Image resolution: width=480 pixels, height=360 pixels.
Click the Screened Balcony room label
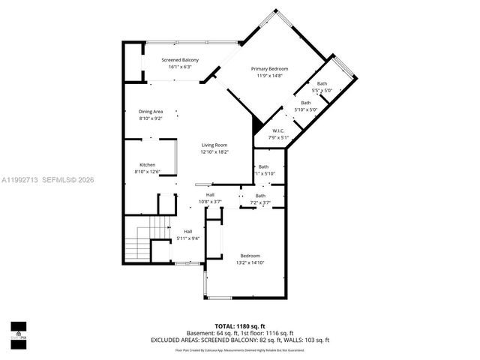coord(179,59)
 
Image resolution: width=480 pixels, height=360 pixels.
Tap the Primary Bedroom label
coord(268,68)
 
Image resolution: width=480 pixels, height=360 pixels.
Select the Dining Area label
coord(150,112)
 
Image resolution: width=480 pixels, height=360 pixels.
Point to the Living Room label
coord(214,145)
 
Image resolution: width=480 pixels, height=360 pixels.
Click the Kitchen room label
coord(147,165)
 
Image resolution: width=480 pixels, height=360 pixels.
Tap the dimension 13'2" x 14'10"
coord(250,262)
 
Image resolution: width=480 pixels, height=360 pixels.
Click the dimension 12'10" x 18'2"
coord(214,152)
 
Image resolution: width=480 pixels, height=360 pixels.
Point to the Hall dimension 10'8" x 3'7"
coord(210,202)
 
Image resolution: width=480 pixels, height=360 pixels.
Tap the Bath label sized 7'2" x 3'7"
coord(259,196)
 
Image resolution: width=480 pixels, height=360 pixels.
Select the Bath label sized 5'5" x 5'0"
coord(322,83)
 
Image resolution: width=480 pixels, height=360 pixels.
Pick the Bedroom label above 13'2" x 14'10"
coord(250,255)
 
